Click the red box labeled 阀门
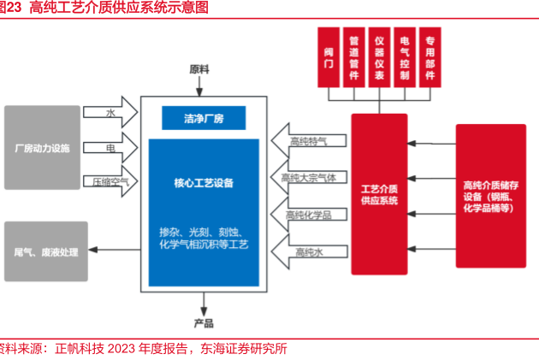point(329,57)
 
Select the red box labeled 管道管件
point(353,57)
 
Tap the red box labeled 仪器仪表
point(379,57)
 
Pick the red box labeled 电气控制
point(405,57)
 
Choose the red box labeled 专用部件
point(430,57)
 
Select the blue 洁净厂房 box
point(204,117)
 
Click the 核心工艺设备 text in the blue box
point(204,183)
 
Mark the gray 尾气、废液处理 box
point(45,251)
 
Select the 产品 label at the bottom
point(204,322)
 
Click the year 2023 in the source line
point(122,349)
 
